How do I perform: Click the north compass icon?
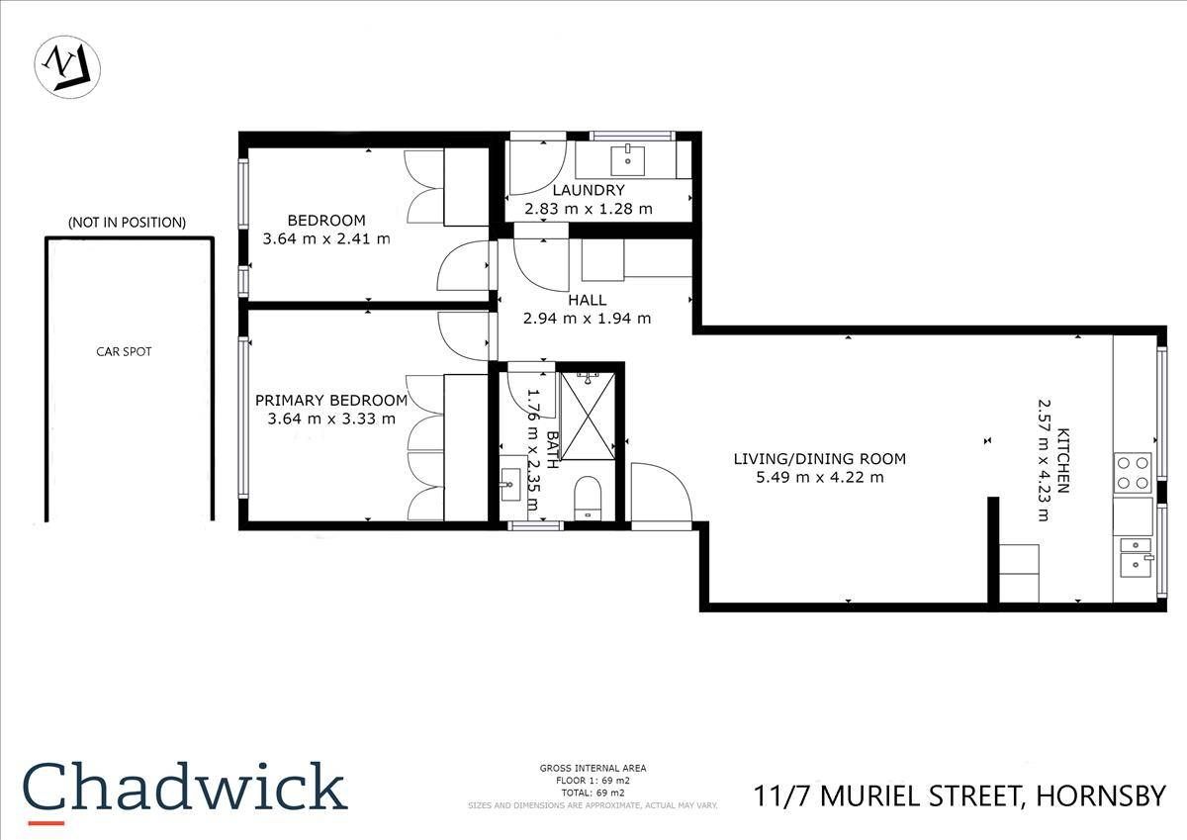[67, 67]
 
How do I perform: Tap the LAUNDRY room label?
[589, 190]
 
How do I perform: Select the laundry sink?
[627, 158]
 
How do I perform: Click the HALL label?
[588, 300]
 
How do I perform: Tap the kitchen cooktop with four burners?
[1133, 472]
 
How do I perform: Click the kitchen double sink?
[1134, 553]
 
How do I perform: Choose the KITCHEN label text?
[1063, 460]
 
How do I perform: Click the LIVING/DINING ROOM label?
[819, 459]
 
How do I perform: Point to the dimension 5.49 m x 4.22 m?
[819, 478]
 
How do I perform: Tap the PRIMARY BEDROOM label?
[331, 401]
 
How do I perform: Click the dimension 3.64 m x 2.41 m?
[326, 238]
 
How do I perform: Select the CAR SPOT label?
[124, 351]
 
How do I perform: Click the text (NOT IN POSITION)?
[127, 223]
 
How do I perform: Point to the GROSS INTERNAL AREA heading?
[593, 769]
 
